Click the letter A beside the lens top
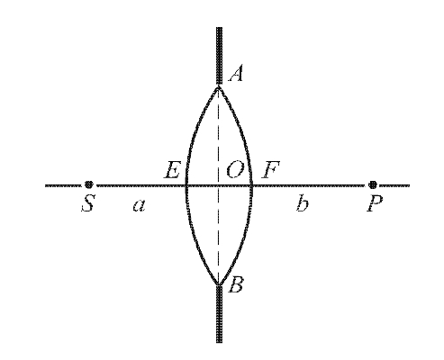coord(236,75)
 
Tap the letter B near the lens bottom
coord(236,285)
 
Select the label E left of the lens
coord(173,170)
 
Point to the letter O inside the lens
coord(235,170)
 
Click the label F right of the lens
coord(270,170)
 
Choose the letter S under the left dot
coord(88,203)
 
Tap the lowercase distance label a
coord(140,205)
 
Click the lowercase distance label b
coord(303,203)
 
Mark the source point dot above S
coord(88,184)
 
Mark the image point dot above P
coord(373,184)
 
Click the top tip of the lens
coord(219,86)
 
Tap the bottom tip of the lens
coord(219,284)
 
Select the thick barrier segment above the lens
coord(219,56)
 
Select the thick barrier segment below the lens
coord(219,314)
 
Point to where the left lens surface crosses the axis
coord(186,185)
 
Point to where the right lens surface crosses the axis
coord(251,185)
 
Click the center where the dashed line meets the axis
coord(219,185)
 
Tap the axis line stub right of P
coord(394,185)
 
